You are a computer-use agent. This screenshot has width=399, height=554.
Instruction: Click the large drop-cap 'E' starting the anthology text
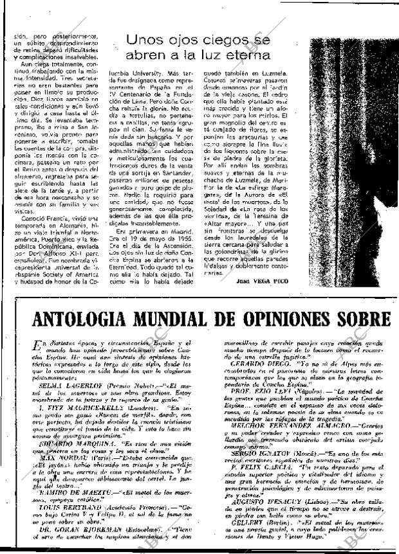click(x=23, y=346)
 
